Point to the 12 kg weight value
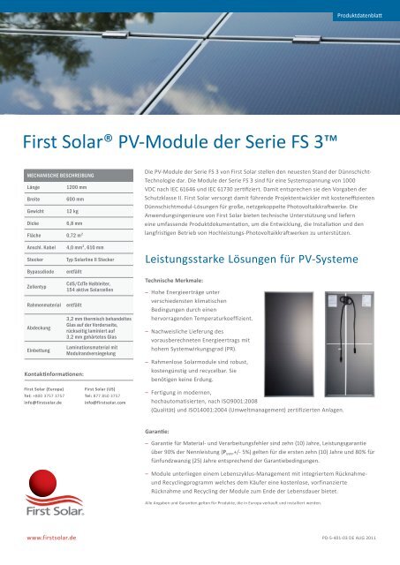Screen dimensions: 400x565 (x=73, y=212)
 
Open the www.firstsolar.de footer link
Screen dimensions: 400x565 (x=52, y=536)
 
